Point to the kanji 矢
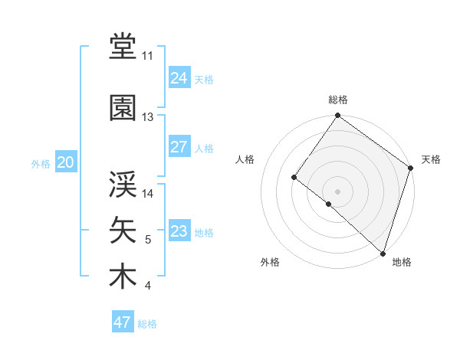(x=123, y=230)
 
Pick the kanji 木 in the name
(x=123, y=277)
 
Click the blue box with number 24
(x=179, y=77)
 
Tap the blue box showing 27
(x=179, y=147)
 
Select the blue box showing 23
(x=179, y=231)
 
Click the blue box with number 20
(x=66, y=162)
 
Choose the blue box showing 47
(x=123, y=322)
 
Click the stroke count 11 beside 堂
(x=148, y=56)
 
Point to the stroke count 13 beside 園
(x=148, y=116)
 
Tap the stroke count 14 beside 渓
(x=148, y=194)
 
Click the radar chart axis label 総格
(x=337, y=100)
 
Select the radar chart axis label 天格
(x=431, y=159)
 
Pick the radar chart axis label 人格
(x=245, y=159)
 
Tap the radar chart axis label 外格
(x=270, y=262)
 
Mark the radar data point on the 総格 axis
(x=337, y=116)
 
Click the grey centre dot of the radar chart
(x=337, y=191)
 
